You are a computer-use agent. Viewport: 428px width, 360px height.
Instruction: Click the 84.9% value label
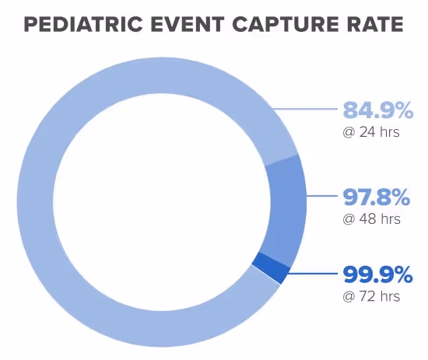click(377, 111)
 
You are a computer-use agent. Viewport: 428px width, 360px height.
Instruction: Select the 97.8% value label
click(377, 197)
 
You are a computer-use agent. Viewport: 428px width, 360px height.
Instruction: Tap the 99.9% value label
click(377, 274)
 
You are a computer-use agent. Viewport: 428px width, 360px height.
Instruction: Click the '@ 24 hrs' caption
click(371, 132)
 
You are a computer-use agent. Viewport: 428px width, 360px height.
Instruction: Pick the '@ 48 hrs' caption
click(371, 218)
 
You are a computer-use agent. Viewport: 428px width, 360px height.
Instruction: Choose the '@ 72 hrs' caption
click(371, 296)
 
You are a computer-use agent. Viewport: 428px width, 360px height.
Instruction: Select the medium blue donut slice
click(286, 208)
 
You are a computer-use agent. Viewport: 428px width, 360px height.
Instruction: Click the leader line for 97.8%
click(323, 197)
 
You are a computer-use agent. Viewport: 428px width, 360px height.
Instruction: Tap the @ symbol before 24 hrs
click(348, 132)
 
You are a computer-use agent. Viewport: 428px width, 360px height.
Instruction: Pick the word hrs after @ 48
click(390, 218)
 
